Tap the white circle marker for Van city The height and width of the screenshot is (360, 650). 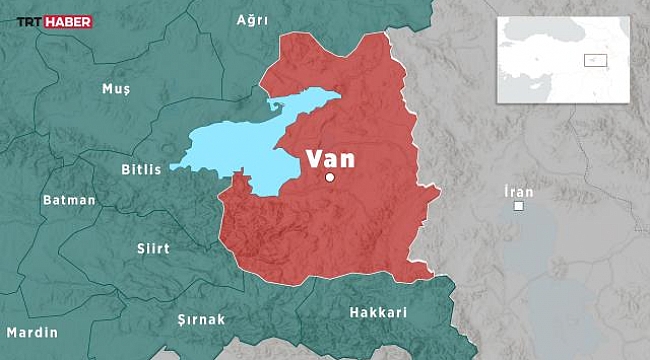[x=330, y=178]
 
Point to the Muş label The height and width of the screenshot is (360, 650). [x=116, y=90]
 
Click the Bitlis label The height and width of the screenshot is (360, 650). [x=141, y=170]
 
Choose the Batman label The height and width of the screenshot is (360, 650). [x=69, y=200]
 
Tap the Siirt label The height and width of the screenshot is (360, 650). [x=153, y=248]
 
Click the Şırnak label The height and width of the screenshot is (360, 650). [x=201, y=319]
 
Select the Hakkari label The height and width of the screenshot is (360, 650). [x=378, y=313]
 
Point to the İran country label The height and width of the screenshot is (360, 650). [x=519, y=191]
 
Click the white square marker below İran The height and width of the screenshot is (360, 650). [x=519, y=206]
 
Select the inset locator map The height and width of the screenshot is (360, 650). [x=564, y=59]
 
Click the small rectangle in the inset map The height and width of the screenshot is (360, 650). [x=595, y=60]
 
